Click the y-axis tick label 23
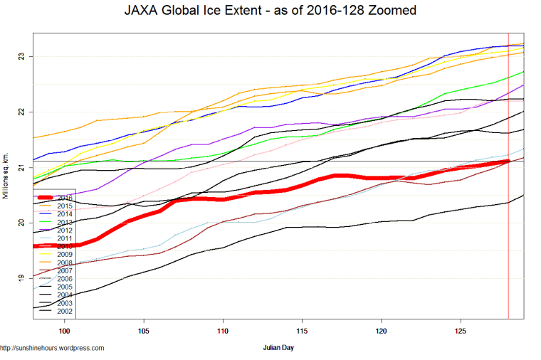click(x=22, y=56)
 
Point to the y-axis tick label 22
click(x=22, y=112)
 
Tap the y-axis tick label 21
click(x=22, y=167)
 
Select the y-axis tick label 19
click(x=22, y=278)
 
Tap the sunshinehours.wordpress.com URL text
click(x=53, y=349)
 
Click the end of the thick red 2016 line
click(x=508, y=162)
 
